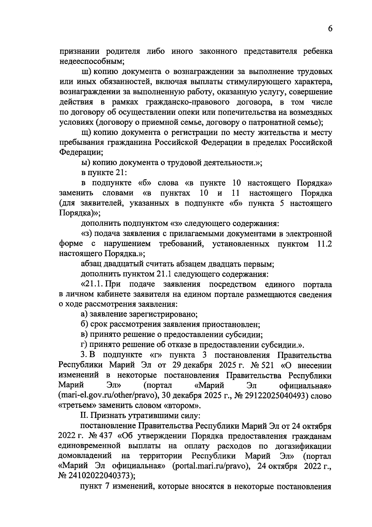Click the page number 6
(x=330, y=29)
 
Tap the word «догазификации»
(x=303, y=447)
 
